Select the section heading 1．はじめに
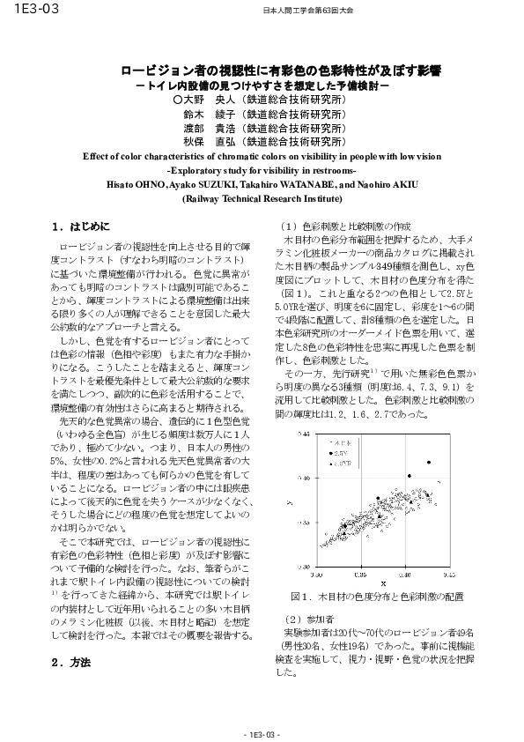(x=81, y=226)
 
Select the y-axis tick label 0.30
(x=305, y=567)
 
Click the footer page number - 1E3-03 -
(x=262, y=733)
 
